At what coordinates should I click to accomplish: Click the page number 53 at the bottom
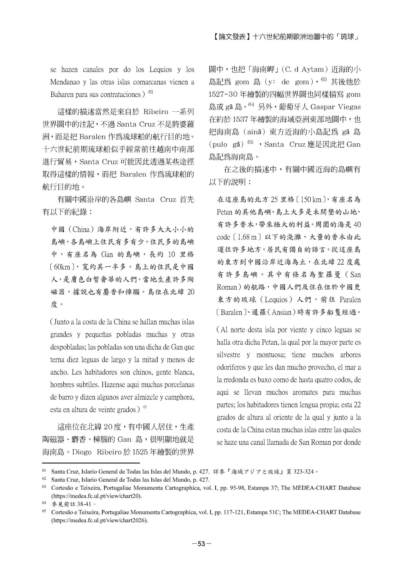click(201, 544)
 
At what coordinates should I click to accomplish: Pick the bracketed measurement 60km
click(61, 267)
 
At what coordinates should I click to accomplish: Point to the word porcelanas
click(178, 385)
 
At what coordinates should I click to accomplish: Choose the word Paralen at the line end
click(350, 300)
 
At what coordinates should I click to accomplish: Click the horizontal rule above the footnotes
click(91, 463)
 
